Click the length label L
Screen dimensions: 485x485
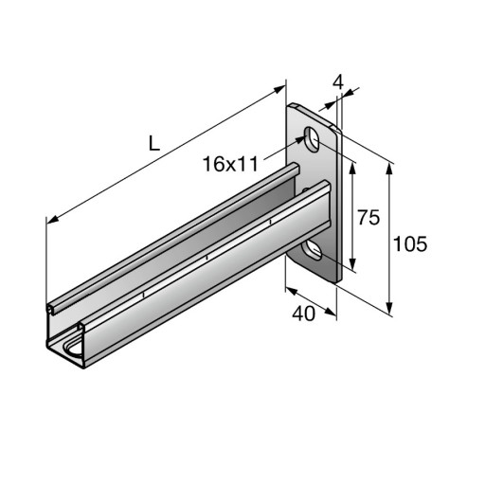[154, 144]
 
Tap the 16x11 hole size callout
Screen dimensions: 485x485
[230, 164]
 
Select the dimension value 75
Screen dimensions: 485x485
[368, 218]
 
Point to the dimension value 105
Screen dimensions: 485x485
[410, 244]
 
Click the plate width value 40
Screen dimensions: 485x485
[303, 314]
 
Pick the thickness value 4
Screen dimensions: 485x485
[338, 82]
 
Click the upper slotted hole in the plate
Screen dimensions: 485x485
[312, 139]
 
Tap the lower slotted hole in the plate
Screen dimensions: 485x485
[312, 251]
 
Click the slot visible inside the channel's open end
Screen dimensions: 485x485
[73, 349]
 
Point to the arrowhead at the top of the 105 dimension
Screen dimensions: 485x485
[389, 170]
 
